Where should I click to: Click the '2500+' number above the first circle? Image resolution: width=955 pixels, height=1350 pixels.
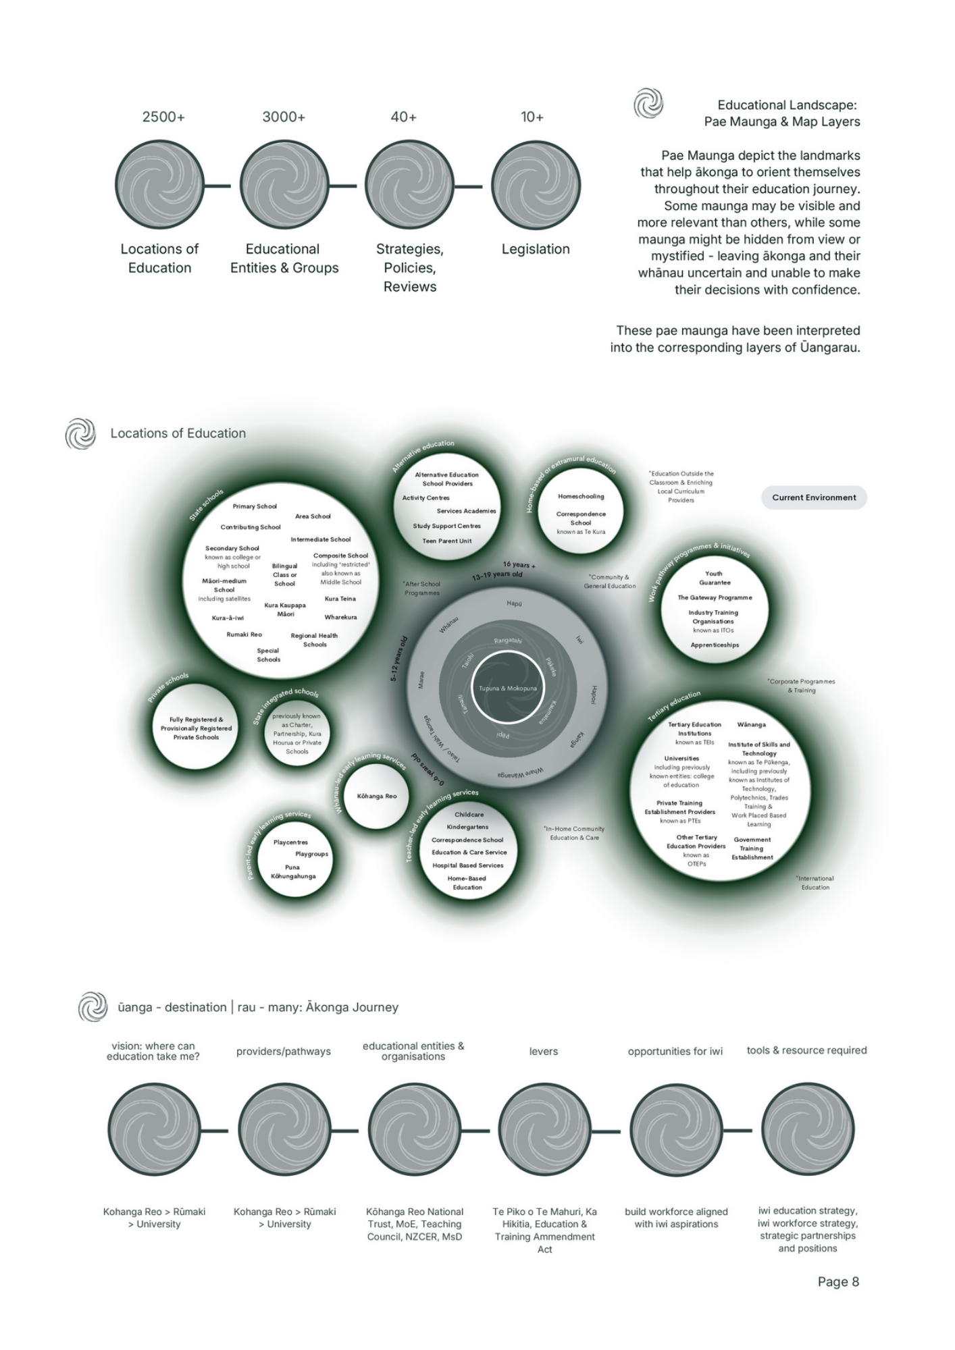pyautogui.click(x=163, y=117)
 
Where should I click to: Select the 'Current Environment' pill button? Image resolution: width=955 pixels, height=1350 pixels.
pyautogui.click(x=814, y=497)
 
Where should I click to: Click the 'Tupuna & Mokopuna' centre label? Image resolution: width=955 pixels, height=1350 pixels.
pyautogui.click(x=508, y=688)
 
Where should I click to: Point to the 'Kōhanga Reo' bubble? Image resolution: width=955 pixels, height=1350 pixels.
pyautogui.click(x=377, y=796)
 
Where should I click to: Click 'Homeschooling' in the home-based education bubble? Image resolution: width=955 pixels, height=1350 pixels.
pyautogui.click(x=581, y=497)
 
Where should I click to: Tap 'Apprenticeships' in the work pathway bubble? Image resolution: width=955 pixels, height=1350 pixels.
pyautogui.click(x=715, y=645)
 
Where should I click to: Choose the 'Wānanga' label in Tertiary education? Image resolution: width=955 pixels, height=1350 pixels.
pyautogui.click(x=751, y=725)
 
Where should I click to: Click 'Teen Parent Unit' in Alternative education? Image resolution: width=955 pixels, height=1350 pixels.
pyautogui.click(x=447, y=541)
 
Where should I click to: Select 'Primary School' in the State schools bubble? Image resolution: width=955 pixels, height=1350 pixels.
pyautogui.click(x=255, y=506)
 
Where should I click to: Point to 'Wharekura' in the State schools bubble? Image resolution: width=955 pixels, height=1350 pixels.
pyautogui.click(x=340, y=618)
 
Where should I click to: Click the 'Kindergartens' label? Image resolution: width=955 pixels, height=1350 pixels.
pyautogui.click(x=467, y=827)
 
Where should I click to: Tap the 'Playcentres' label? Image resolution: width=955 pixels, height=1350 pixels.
pyautogui.click(x=290, y=842)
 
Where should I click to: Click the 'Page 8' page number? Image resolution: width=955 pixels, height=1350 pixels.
pyautogui.click(x=838, y=1282)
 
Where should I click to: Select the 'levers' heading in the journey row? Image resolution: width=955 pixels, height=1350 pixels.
pyautogui.click(x=544, y=1052)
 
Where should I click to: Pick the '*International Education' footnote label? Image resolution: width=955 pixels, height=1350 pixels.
pyautogui.click(x=815, y=883)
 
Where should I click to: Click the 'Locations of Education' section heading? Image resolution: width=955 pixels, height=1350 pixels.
pyautogui.click(x=178, y=433)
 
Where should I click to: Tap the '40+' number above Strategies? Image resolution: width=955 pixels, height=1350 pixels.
pyautogui.click(x=403, y=117)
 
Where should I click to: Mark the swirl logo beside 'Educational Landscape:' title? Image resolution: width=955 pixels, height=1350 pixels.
pyautogui.click(x=648, y=104)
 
